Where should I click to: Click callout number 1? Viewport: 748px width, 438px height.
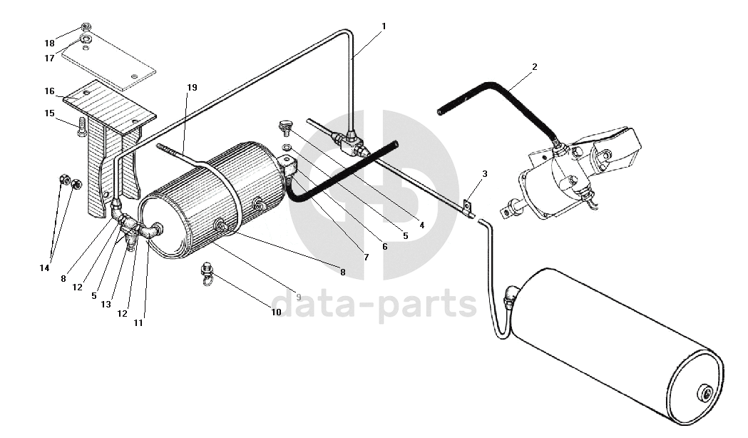(x=384, y=26)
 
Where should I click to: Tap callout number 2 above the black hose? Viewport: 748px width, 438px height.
(x=534, y=67)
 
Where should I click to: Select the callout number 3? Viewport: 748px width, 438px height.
(x=485, y=174)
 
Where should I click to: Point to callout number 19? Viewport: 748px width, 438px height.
(x=192, y=87)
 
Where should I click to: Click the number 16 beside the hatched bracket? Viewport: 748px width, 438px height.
(x=49, y=91)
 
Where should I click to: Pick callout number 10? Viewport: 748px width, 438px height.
(x=276, y=312)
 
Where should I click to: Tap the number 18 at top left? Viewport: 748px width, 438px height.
(x=50, y=44)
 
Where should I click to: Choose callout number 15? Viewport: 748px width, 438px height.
(x=49, y=113)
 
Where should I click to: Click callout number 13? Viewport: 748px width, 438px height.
(x=106, y=304)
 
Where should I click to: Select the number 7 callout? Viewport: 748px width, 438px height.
(x=367, y=257)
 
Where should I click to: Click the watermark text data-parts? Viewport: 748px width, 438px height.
(x=374, y=305)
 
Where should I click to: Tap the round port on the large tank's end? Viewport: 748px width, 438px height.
(x=706, y=393)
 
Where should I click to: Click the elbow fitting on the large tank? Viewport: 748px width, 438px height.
(x=511, y=295)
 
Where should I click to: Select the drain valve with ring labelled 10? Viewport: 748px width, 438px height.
(x=207, y=274)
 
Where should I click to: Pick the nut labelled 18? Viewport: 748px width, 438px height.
(x=86, y=27)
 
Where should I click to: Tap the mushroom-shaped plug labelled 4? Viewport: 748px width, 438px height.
(x=287, y=128)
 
